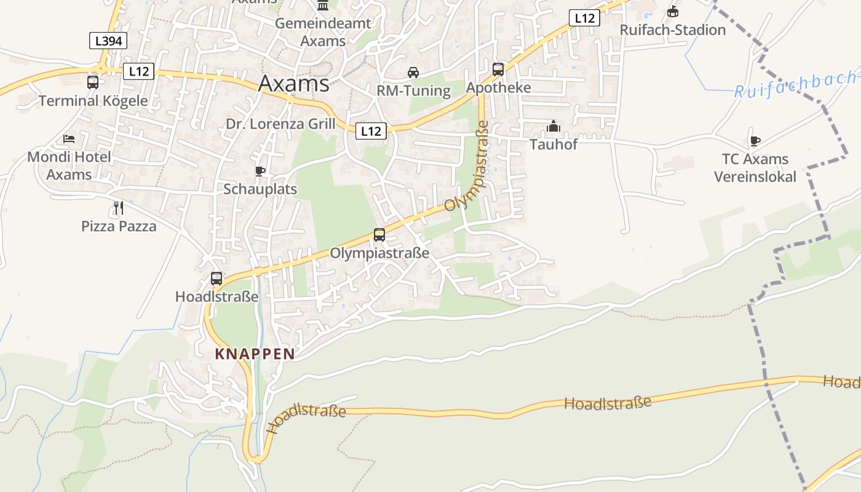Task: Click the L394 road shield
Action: click(x=108, y=41)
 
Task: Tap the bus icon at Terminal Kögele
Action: click(x=93, y=82)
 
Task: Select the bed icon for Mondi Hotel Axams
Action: click(x=69, y=139)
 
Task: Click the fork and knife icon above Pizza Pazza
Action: click(x=119, y=208)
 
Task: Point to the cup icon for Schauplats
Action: click(x=260, y=171)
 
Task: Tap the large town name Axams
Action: click(x=293, y=84)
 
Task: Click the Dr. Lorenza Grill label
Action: click(x=280, y=124)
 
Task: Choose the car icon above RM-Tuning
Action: click(x=413, y=73)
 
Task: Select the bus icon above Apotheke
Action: click(x=498, y=69)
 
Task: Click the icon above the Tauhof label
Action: click(x=553, y=127)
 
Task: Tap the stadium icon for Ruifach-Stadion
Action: click(x=673, y=12)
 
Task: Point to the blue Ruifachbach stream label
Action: click(x=796, y=85)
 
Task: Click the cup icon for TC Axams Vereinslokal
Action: click(x=755, y=141)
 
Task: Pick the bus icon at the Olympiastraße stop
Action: click(x=379, y=235)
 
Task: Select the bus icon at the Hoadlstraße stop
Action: click(x=216, y=279)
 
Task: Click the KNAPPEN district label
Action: click(x=255, y=354)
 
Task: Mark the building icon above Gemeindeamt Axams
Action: click(x=323, y=6)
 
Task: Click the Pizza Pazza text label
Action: click(x=119, y=226)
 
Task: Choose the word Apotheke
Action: click(x=498, y=88)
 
